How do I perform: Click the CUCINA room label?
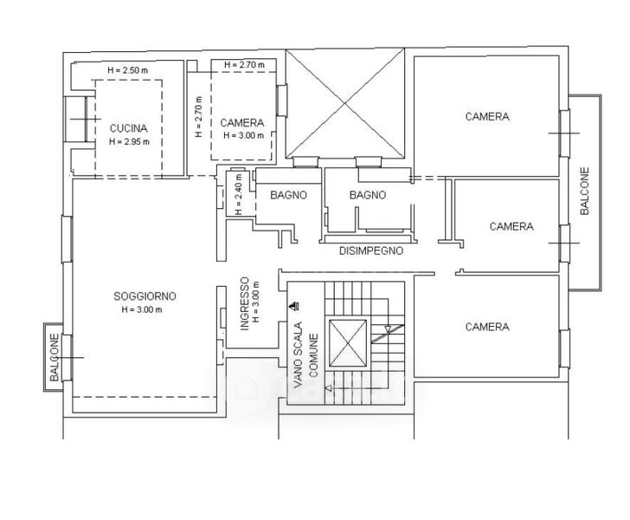pos(129,128)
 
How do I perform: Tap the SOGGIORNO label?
pos(145,296)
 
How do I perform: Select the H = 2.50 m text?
pos(128,70)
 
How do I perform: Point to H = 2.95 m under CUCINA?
pos(129,141)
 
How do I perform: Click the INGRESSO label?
pos(245,304)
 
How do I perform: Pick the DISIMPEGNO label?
pos(371,250)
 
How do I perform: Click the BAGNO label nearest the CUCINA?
pos(288,195)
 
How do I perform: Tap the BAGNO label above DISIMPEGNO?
pos(368,195)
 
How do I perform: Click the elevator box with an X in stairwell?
pos(348,343)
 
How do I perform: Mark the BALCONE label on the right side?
pos(585,191)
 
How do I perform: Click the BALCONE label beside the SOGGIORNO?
pos(55,357)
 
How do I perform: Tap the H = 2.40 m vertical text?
pos(239,194)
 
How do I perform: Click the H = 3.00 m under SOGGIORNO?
pos(142,310)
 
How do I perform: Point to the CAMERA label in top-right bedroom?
pos(487,116)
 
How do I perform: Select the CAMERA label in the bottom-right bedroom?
pos(487,327)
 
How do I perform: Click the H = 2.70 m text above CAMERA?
pos(245,64)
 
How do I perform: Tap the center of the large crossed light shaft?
pos(344,103)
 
